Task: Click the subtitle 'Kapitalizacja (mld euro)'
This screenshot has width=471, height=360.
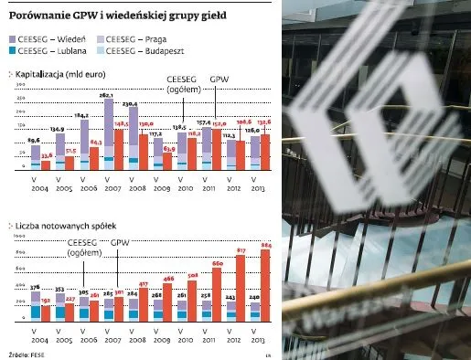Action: pyautogui.click(x=59, y=73)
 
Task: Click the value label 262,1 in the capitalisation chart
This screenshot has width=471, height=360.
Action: pyautogui.click(x=106, y=94)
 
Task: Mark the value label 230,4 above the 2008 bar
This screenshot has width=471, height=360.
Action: pyautogui.click(x=131, y=104)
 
